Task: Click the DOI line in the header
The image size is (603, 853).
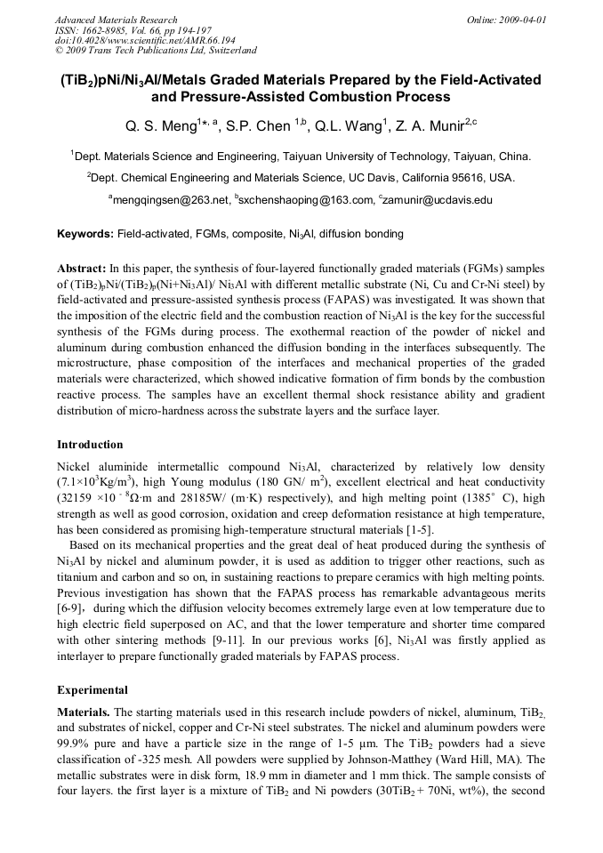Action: click(133, 41)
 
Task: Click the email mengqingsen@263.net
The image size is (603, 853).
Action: click(171, 201)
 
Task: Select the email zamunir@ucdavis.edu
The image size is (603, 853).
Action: click(438, 201)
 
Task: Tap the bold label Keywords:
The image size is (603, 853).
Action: click(84, 235)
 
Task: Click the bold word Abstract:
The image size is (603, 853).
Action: click(81, 268)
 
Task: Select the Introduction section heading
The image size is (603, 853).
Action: click(90, 445)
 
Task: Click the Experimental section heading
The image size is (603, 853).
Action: click(92, 689)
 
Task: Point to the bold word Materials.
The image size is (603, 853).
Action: click(84, 712)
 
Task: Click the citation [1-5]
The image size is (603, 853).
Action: click(417, 530)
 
